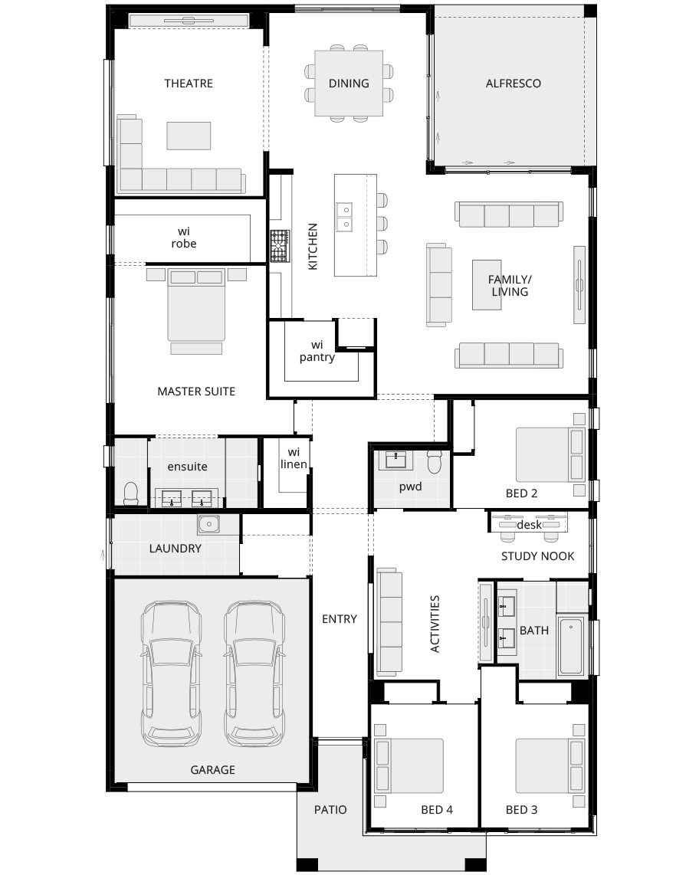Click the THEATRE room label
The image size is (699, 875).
pyautogui.click(x=188, y=84)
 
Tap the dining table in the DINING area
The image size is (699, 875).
pyautogui.click(x=349, y=84)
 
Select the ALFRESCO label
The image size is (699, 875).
pyautogui.click(x=513, y=84)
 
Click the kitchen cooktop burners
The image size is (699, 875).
pyautogui.click(x=281, y=246)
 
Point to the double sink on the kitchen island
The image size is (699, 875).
pyautogui.click(x=344, y=217)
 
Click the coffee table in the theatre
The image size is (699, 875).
pyautogui.click(x=189, y=136)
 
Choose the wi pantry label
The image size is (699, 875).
pyautogui.click(x=317, y=351)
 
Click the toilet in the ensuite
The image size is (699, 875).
pyautogui.click(x=130, y=494)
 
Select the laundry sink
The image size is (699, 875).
pyautogui.click(x=209, y=525)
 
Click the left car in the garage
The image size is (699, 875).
pyautogui.click(x=171, y=673)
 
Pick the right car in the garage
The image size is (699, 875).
pyautogui.click(x=254, y=673)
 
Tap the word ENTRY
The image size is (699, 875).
pyautogui.click(x=340, y=619)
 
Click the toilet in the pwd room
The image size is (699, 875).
pyautogui.click(x=435, y=463)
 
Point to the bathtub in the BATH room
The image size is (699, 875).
pyautogui.click(x=571, y=645)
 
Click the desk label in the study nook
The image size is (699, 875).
pyautogui.click(x=530, y=525)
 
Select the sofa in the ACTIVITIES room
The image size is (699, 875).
pyautogui.click(x=389, y=621)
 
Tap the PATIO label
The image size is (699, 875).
pyautogui.click(x=330, y=810)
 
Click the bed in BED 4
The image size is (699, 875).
pyautogui.click(x=409, y=765)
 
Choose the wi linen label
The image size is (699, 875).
pyautogui.click(x=294, y=458)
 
